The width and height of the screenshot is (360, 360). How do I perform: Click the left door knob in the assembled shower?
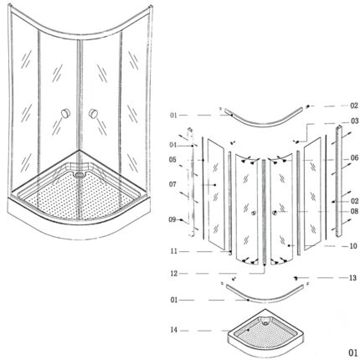66,113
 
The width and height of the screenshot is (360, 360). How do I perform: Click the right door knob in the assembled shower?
93,113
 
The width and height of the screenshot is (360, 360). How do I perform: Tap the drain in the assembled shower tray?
80,175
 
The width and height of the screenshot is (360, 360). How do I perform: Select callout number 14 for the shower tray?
174,330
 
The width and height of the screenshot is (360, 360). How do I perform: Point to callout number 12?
174,274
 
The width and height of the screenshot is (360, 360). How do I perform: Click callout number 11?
174,251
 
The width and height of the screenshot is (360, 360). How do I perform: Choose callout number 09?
172,219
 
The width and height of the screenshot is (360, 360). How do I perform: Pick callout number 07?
172,184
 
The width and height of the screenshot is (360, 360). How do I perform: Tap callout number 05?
172,160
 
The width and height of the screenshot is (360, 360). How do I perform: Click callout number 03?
355,121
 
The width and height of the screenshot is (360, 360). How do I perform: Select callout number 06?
354,158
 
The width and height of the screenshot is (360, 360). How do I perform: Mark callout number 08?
354,211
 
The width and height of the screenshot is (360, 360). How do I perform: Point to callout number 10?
353,246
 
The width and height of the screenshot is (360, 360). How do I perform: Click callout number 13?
353,278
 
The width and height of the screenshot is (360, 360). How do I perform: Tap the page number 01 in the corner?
352,352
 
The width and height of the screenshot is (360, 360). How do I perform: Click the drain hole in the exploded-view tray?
265,323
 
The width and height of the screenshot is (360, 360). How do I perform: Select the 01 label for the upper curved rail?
173,116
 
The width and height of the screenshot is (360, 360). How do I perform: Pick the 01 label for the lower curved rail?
174,300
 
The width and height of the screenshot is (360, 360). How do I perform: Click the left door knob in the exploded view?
254,213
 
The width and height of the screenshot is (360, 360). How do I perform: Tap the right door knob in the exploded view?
275,213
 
